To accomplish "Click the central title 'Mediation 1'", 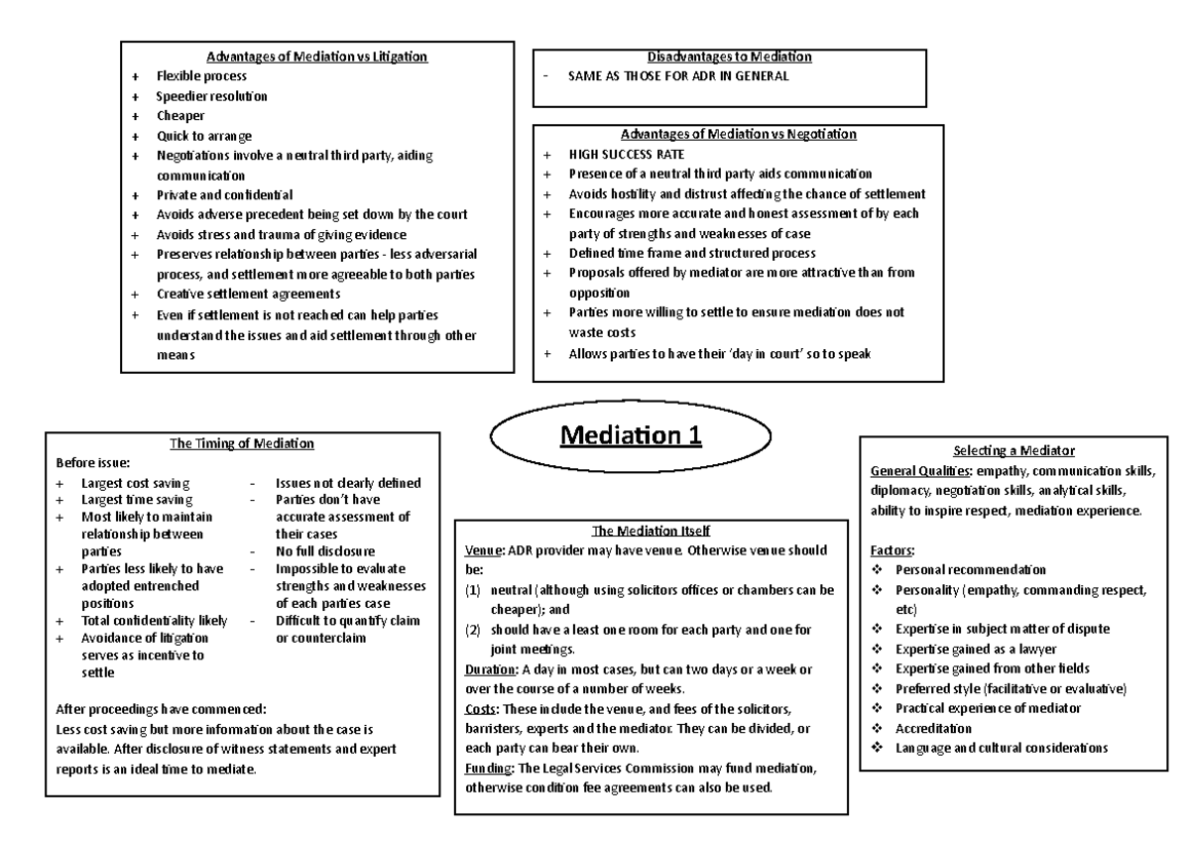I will pos(631,436).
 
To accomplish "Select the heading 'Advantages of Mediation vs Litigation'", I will pos(317,56).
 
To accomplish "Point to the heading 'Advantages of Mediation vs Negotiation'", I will pos(739,134).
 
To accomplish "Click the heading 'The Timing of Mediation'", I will pos(242,443).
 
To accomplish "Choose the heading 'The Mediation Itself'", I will pos(651,531).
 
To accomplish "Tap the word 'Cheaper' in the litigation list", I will pos(180,116).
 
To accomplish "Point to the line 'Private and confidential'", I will pos(224,194).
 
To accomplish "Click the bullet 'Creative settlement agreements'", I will pos(248,294).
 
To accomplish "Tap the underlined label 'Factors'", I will pos(892,549).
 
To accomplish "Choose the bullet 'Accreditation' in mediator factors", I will pos(935,728).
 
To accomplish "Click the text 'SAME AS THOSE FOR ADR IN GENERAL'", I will pos(678,75).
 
